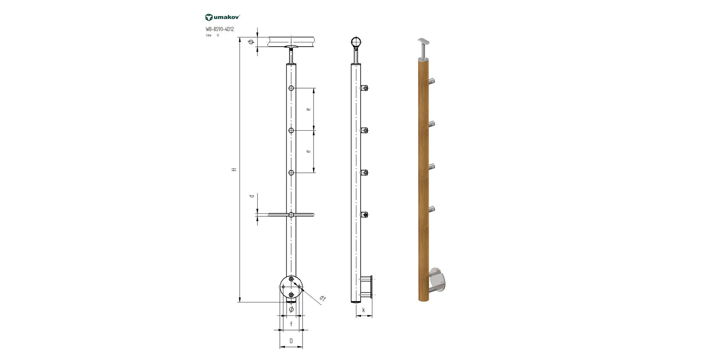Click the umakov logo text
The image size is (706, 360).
point(227,17)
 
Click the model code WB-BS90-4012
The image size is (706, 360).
point(219,29)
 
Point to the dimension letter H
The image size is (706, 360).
point(234,169)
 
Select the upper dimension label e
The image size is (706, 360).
point(308,109)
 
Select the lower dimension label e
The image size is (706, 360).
point(308,151)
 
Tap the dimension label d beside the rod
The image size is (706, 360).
point(252,196)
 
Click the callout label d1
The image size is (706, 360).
point(322,299)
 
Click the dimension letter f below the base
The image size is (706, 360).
point(291,324)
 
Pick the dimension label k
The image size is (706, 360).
point(364,310)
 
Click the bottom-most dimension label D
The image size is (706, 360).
point(291,341)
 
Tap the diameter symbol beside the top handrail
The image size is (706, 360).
point(251,42)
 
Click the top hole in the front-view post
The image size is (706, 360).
point(291,88)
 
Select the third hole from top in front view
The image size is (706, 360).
point(291,173)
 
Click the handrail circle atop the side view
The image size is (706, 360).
point(356,42)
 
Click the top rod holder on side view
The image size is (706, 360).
point(364,88)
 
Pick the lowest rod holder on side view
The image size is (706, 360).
point(364,215)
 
